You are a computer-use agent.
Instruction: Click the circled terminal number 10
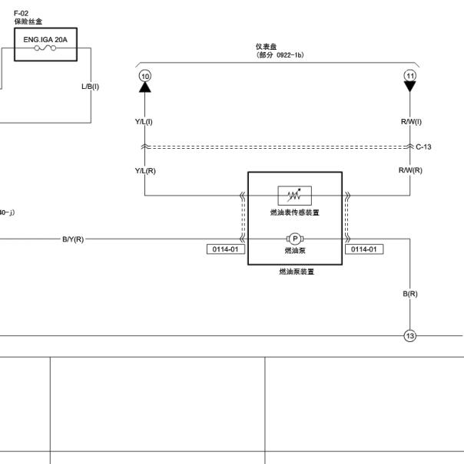pos(145,76)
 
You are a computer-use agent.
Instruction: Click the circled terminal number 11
pos(410,76)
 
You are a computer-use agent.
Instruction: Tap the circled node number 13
pos(410,336)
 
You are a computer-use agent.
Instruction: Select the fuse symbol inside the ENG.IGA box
pos(45,48)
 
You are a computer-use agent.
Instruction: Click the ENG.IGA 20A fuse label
pos(45,40)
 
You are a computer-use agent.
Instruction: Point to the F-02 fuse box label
pos(21,13)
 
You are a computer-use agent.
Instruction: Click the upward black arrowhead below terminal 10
pos(145,87)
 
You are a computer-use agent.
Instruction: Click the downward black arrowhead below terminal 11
pos(410,87)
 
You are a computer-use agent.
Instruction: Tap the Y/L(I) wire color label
pos(144,122)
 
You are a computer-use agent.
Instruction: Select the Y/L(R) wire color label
pos(145,171)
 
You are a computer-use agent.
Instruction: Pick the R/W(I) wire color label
pos(411,122)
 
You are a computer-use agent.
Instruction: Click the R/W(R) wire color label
pos(410,170)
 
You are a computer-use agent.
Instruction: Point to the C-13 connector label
pos(423,146)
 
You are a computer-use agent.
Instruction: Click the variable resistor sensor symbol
pos(295,196)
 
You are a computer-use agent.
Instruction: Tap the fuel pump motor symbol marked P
pos(295,239)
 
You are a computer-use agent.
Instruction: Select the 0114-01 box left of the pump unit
pos(226,249)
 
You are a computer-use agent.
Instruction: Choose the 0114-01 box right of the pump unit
pos(364,249)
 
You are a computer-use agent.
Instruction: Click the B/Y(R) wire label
pos(73,239)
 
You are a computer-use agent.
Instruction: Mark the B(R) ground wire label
pos(410,294)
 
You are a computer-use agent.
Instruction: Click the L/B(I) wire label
pos(90,87)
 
